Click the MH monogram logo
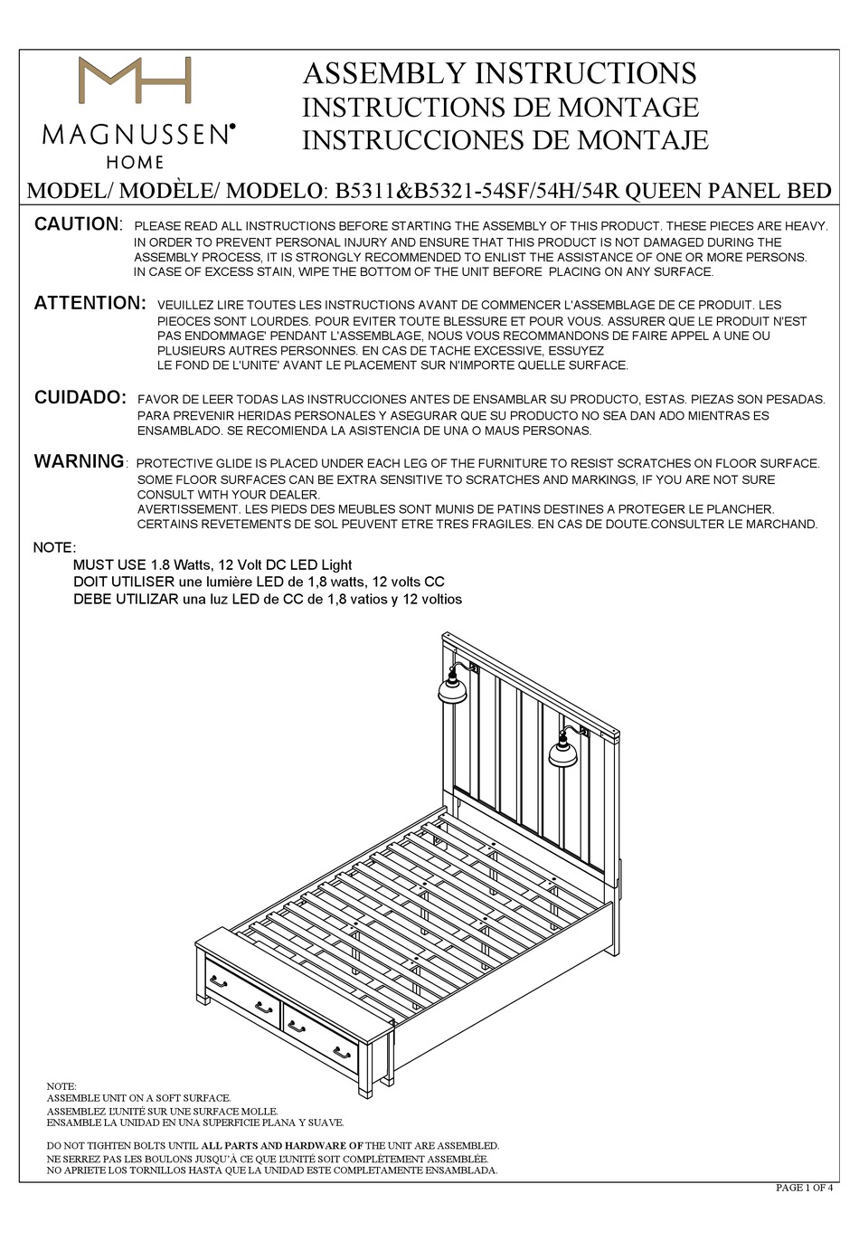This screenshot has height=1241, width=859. [x=135, y=81]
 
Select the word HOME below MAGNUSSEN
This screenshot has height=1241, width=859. [x=136, y=163]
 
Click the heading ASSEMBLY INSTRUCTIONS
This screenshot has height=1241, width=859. [x=499, y=73]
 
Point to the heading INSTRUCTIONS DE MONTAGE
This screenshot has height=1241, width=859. [x=500, y=107]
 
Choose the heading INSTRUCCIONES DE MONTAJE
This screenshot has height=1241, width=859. [x=505, y=140]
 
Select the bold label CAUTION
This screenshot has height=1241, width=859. [x=77, y=224]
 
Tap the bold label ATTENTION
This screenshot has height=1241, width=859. [x=90, y=303]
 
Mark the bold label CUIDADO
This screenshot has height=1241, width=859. [x=80, y=397]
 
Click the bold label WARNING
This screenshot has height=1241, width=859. [x=80, y=461]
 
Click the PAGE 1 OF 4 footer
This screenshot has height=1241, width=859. [x=804, y=1188]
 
